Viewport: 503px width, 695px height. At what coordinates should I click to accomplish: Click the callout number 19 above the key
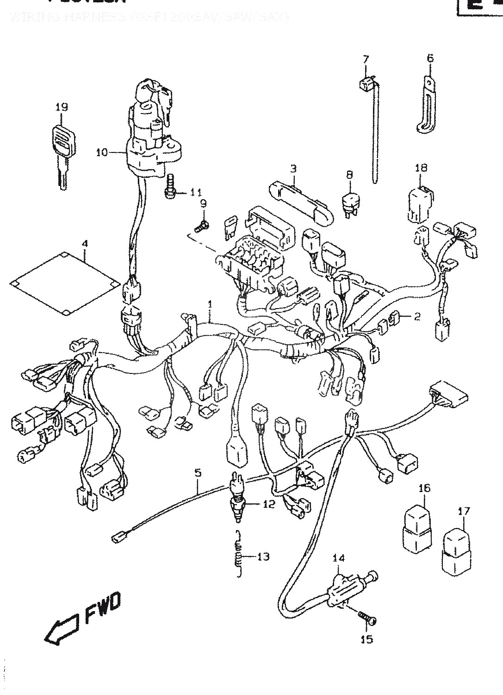click(x=62, y=107)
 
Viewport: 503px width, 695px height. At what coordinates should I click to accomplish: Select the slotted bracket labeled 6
click(x=427, y=104)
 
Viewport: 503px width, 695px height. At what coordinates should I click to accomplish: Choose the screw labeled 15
click(x=367, y=614)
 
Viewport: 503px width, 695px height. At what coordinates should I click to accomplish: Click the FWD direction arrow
click(x=62, y=629)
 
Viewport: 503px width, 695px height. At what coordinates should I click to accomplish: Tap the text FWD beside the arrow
click(x=102, y=607)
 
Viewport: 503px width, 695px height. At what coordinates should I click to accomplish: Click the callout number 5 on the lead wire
click(x=198, y=473)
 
